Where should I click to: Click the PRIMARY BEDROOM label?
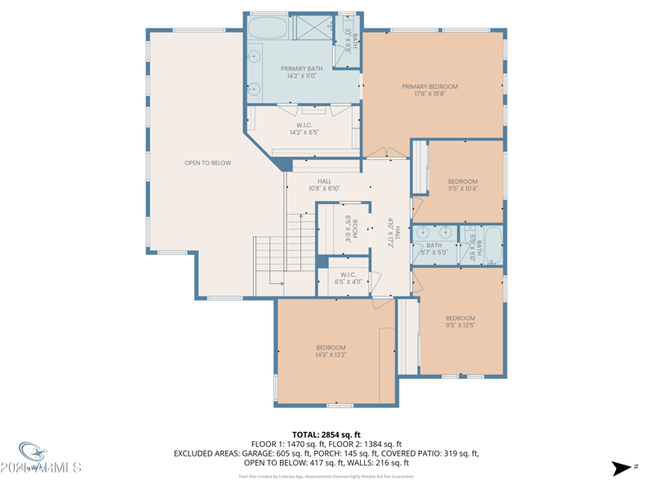pos(429,87)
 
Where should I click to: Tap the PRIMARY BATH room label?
pos(301,69)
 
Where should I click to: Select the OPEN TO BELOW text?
pos(207,163)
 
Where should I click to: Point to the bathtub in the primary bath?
pos(267,27)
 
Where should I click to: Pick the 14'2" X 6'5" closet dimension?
pos(304,132)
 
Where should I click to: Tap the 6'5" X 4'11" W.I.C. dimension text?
pos(348,282)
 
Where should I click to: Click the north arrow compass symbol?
pos(621,468)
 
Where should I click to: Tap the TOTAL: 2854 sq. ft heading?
pos(326,434)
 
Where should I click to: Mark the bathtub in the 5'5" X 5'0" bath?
pos(492,245)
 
